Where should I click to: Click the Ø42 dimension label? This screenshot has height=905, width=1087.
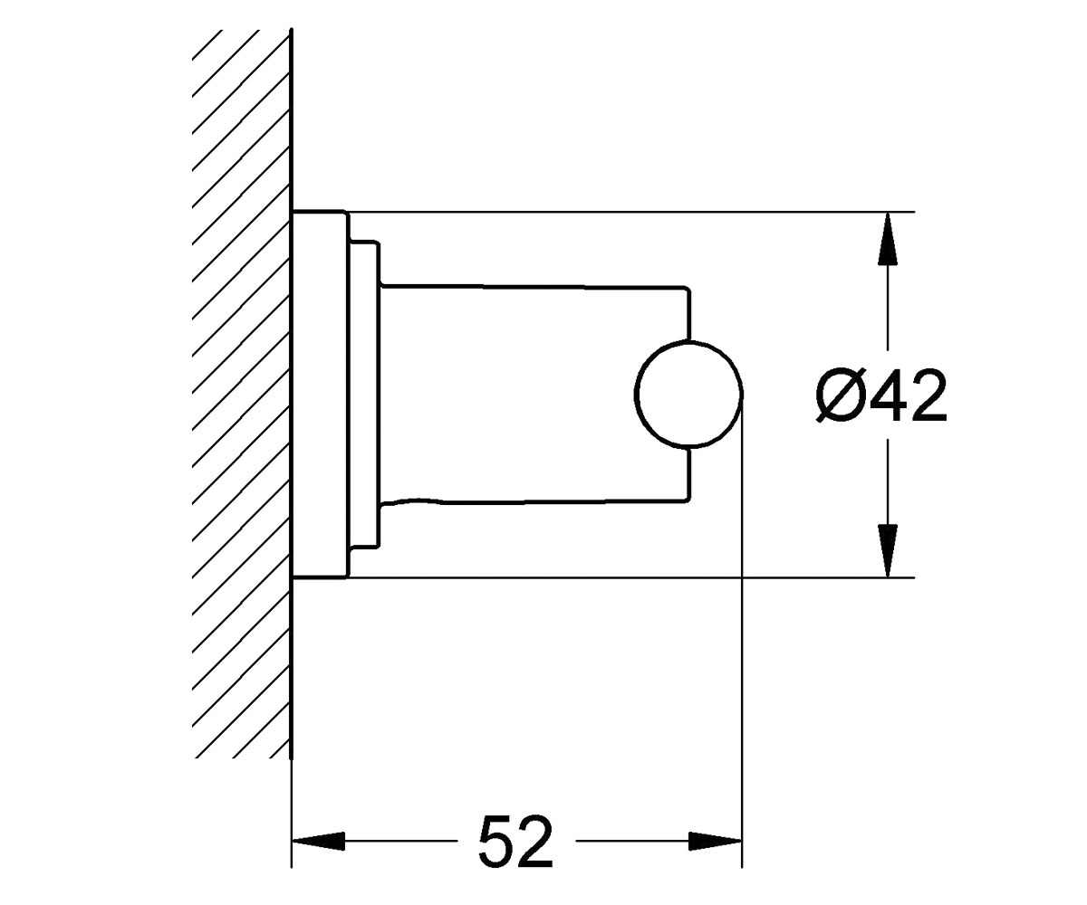(880, 395)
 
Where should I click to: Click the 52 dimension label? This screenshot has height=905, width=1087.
(515, 841)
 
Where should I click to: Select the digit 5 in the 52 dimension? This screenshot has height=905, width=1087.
(496, 841)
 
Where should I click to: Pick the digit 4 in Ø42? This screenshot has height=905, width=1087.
(887, 395)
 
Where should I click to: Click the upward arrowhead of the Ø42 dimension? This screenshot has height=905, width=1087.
(888, 239)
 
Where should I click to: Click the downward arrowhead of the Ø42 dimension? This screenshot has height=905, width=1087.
(888, 551)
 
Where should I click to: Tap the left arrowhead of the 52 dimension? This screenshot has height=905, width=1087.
(318, 841)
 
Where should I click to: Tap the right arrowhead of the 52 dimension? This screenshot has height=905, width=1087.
(716, 841)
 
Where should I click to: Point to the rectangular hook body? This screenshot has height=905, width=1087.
(536, 395)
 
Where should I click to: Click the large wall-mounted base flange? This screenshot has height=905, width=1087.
(320, 395)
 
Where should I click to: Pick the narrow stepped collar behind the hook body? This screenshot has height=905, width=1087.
(364, 395)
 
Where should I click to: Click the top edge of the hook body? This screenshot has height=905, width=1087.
(535, 286)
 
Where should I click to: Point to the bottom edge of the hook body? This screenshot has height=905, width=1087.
(535, 502)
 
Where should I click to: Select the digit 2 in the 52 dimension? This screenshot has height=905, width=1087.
(534, 841)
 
